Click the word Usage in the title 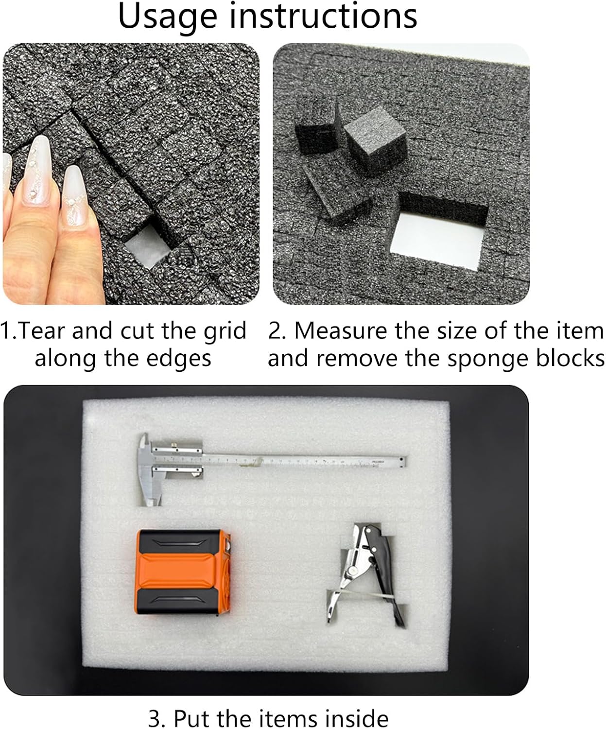[x=168, y=17]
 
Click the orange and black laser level [x=183, y=572]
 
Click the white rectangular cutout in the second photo [x=436, y=241]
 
